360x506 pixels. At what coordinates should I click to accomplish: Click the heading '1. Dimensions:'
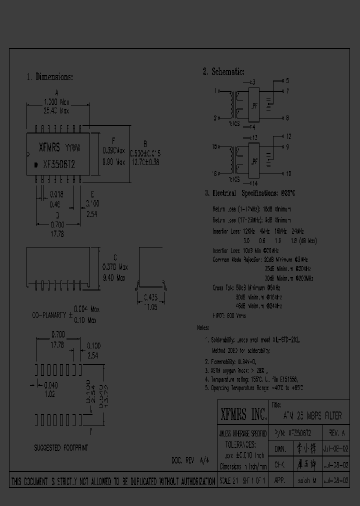(x=49, y=77)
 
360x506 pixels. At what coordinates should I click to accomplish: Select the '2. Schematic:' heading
(x=223, y=71)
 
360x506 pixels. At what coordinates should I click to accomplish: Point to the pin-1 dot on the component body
(x=35, y=164)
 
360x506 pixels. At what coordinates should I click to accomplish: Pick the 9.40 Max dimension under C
(x=114, y=277)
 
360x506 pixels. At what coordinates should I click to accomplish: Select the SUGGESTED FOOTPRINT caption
(x=60, y=448)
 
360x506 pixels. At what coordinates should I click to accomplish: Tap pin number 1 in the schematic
(x=215, y=91)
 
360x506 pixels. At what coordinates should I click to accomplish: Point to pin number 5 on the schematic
(x=287, y=80)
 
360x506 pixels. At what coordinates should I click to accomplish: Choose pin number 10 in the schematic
(x=288, y=173)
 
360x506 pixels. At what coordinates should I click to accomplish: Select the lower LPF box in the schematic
(x=254, y=161)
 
